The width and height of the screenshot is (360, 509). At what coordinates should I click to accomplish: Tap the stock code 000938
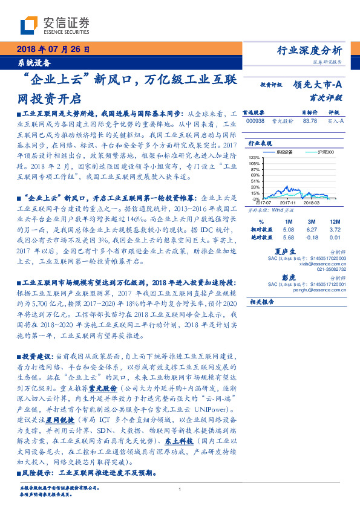[255, 121]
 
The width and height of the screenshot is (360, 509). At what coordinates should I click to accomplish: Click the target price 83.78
[310, 121]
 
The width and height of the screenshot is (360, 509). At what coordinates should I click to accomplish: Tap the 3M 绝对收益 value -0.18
[313, 237]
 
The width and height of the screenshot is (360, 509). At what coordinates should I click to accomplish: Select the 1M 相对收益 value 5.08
[288, 230]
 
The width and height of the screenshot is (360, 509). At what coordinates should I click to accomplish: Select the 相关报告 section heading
[261, 300]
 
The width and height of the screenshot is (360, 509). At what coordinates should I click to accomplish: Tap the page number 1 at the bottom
[180, 489]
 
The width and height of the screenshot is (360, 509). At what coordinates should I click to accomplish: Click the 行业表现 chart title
[258, 143]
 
